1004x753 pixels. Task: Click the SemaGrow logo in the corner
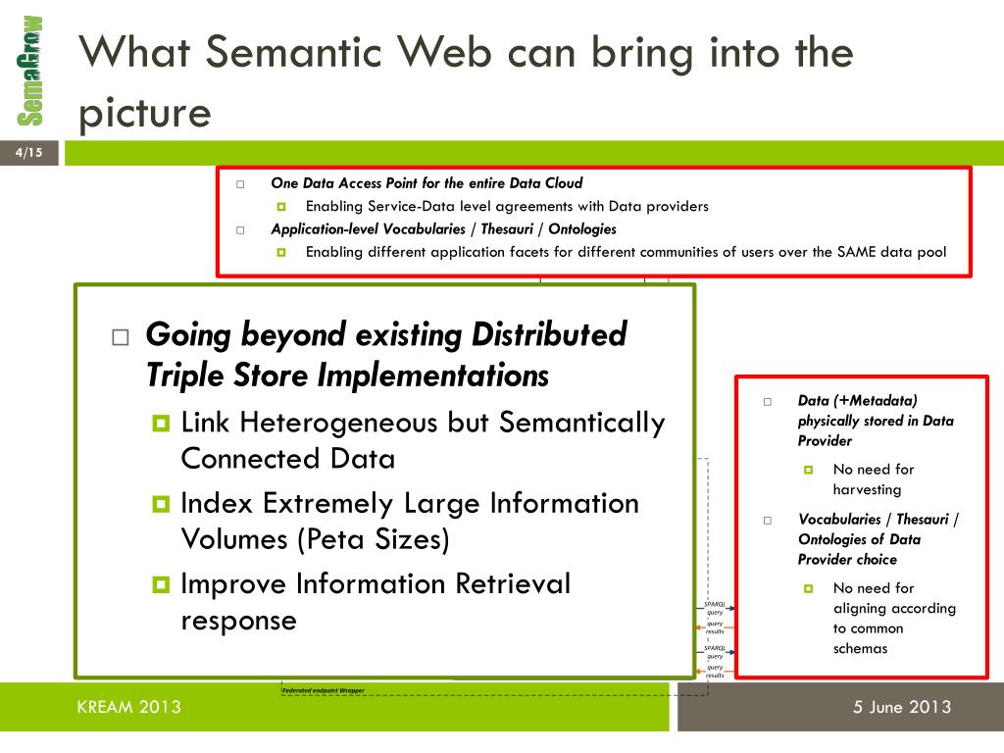(30, 71)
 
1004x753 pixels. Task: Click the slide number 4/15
(29, 152)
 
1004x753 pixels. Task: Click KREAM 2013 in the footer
(128, 707)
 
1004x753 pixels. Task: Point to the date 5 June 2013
(902, 707)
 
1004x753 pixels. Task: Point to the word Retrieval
(513, 584)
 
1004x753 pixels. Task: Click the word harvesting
(867, 489)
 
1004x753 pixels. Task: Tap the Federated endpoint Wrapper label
(323, 690)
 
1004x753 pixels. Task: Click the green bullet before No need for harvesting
(809, 470)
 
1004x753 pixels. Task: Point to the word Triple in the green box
(184, 376)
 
